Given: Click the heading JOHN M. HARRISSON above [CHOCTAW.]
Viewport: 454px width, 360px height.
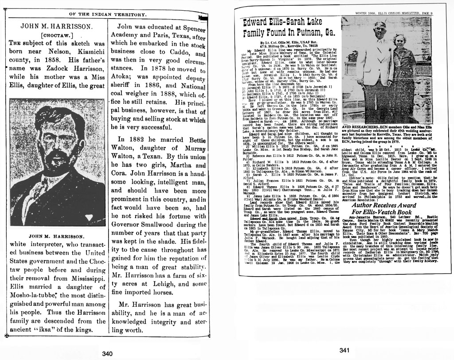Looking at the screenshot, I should pos(56,26).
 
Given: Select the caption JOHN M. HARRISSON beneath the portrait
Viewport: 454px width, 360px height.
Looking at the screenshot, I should pos(56,236).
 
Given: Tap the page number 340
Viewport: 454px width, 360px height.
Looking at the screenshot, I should pos(107,353).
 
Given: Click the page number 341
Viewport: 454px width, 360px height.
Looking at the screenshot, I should pos(344,350).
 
